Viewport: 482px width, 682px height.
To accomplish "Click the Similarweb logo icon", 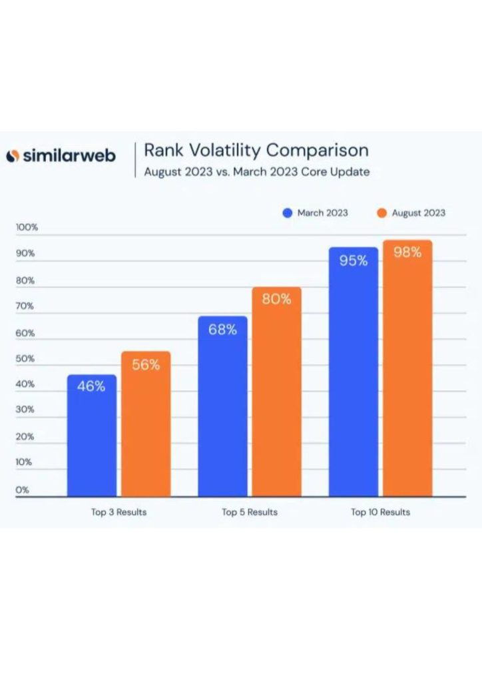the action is point(13,156).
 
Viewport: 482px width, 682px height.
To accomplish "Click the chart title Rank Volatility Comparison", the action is point(256,151).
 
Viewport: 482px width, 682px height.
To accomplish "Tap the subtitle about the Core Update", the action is point(257,172).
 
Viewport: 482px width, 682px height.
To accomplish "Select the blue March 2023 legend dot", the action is point(288,213).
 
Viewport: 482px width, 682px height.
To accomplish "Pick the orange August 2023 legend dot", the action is point(381,213).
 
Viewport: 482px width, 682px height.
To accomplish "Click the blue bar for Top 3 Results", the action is point(92,436).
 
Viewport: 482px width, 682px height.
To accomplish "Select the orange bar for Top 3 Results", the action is point(146,424).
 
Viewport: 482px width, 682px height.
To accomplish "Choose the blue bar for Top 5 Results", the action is point(222,406).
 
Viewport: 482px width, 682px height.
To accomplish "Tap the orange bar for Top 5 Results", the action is point(276,392).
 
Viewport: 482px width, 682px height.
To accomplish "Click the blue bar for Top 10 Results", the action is point(354,372).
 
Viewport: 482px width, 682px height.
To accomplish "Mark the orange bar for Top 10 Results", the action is point(407,368).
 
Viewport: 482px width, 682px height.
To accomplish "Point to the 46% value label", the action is point(91,386).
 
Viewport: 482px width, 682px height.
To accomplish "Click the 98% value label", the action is point(407,252).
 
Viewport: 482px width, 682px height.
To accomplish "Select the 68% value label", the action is point(222,330).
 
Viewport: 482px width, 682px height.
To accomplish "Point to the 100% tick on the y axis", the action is point(27,227).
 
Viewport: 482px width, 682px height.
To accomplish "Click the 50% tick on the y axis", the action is point(25,359).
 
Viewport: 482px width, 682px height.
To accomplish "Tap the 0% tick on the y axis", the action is point(22,490).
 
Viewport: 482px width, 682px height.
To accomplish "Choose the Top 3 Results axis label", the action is point(119,512).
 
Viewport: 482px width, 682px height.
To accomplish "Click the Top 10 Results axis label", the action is point(380,512).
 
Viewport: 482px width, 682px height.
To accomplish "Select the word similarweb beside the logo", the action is point(69,156).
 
